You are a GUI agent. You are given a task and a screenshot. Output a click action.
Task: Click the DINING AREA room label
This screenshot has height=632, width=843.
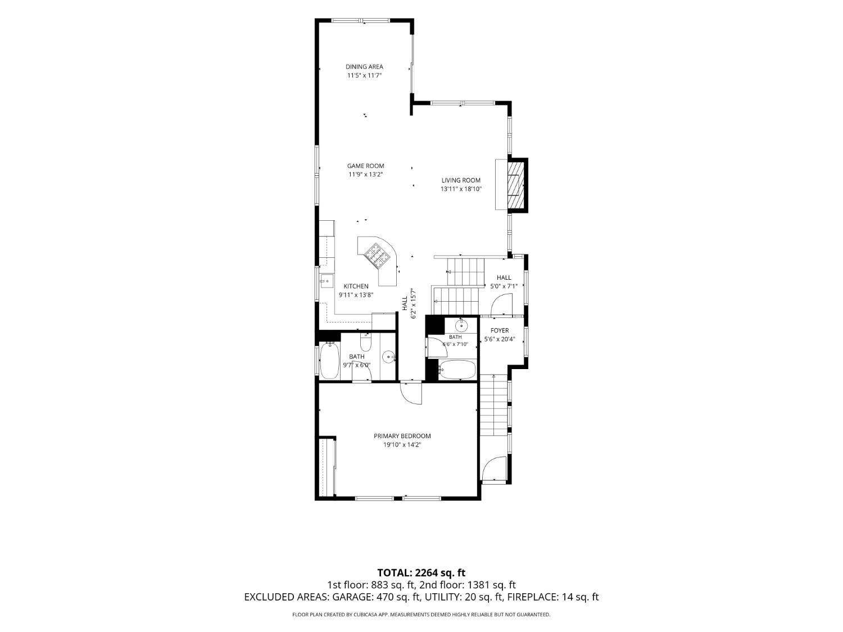click(364, 67)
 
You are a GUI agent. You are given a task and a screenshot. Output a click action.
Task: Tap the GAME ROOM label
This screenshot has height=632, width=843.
click(366, 166)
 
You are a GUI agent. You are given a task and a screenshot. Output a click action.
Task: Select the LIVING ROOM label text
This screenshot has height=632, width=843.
click(461, 180)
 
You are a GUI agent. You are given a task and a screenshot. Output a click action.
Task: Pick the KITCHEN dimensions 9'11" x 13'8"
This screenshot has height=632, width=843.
click(356, 295)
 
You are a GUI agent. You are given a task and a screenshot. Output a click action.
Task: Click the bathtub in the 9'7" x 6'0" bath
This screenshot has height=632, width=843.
click(329, 361)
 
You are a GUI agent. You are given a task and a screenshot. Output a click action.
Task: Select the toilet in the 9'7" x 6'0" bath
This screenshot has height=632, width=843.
click(365, 342)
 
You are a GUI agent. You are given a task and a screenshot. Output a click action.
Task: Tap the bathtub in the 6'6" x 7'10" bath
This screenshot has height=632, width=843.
click(457, 370)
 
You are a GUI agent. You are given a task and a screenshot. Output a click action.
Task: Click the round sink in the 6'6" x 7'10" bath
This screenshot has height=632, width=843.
click(461, 326)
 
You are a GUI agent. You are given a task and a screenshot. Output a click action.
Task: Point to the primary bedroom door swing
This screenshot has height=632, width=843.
click(411, 393)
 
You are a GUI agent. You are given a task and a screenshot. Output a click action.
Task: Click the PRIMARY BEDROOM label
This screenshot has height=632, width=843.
click(402, 436)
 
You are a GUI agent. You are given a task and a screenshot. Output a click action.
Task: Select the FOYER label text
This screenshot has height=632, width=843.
click(500, 330)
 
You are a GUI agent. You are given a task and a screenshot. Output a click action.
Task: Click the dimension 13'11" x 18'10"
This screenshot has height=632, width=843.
click(461, 189)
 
